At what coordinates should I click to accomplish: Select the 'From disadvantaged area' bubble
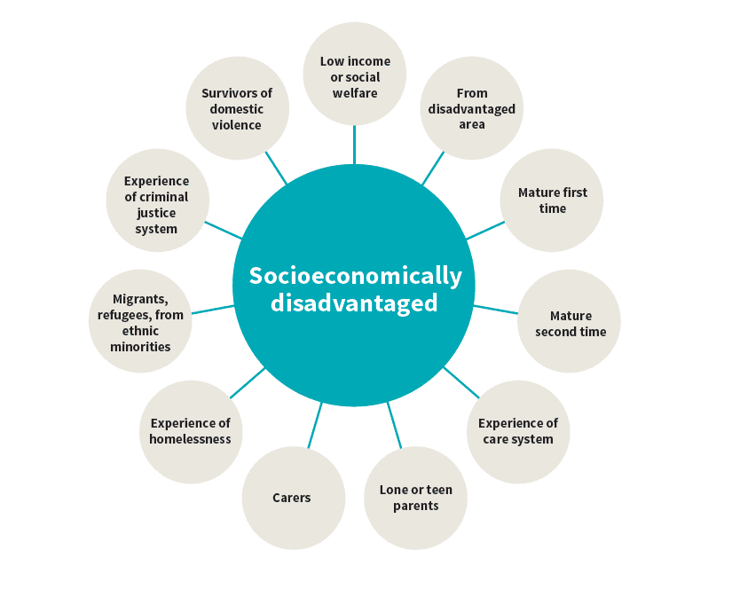[x=471, y=108]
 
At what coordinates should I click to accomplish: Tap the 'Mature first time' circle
[x=552, y=200]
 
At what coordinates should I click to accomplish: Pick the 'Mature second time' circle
[x=569, y=323]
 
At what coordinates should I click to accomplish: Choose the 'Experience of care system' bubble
[x=518, y=431]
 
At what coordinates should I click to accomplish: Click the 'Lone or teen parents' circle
[x=415, y=498]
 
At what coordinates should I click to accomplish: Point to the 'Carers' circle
[x=292, y=498]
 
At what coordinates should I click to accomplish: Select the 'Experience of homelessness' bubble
[x=190, y=431]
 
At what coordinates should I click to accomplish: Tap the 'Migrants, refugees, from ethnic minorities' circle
[x=140, y=322]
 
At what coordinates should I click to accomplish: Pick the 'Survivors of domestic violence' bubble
[x=237, y=108]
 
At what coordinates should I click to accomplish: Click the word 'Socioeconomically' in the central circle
[x=355, y=276]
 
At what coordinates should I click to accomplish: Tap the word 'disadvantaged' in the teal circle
[x=355, y=303]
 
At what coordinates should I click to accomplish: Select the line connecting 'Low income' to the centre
[x=354, y=145]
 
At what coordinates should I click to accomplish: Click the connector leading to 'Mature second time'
[x=495, y=310]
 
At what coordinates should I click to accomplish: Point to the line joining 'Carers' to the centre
[x=314, y=425]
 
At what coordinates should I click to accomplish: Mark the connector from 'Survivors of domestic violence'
[x=276, y=168]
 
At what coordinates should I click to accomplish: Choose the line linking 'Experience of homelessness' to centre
[x=248, y=382]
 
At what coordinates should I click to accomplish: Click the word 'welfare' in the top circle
[x=355, y=93]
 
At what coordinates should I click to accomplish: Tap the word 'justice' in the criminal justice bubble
[x=156, y=213]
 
